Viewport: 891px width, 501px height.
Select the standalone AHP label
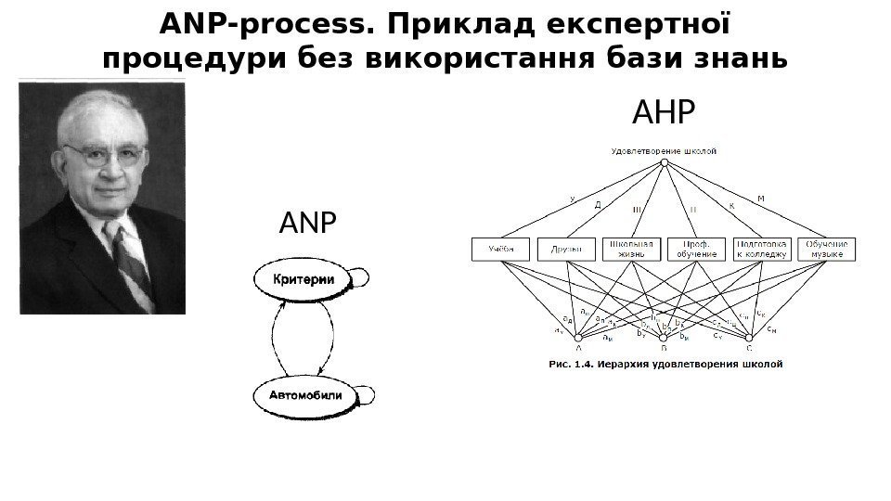[663, 114]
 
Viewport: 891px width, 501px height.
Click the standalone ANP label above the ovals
[307, 224]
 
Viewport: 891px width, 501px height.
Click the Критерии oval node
[303, 278]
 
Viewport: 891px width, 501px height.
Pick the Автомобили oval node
[304, 396]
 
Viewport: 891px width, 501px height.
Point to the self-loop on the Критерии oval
[363, 277]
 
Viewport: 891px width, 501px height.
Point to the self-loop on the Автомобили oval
[366, 395]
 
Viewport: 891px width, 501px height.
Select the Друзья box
[565, 250]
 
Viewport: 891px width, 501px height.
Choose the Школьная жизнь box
[631, 249]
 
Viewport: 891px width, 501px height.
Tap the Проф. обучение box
[696, 249]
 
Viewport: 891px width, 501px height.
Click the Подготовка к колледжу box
[761, 249]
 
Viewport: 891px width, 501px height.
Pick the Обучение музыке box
[827, 249]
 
